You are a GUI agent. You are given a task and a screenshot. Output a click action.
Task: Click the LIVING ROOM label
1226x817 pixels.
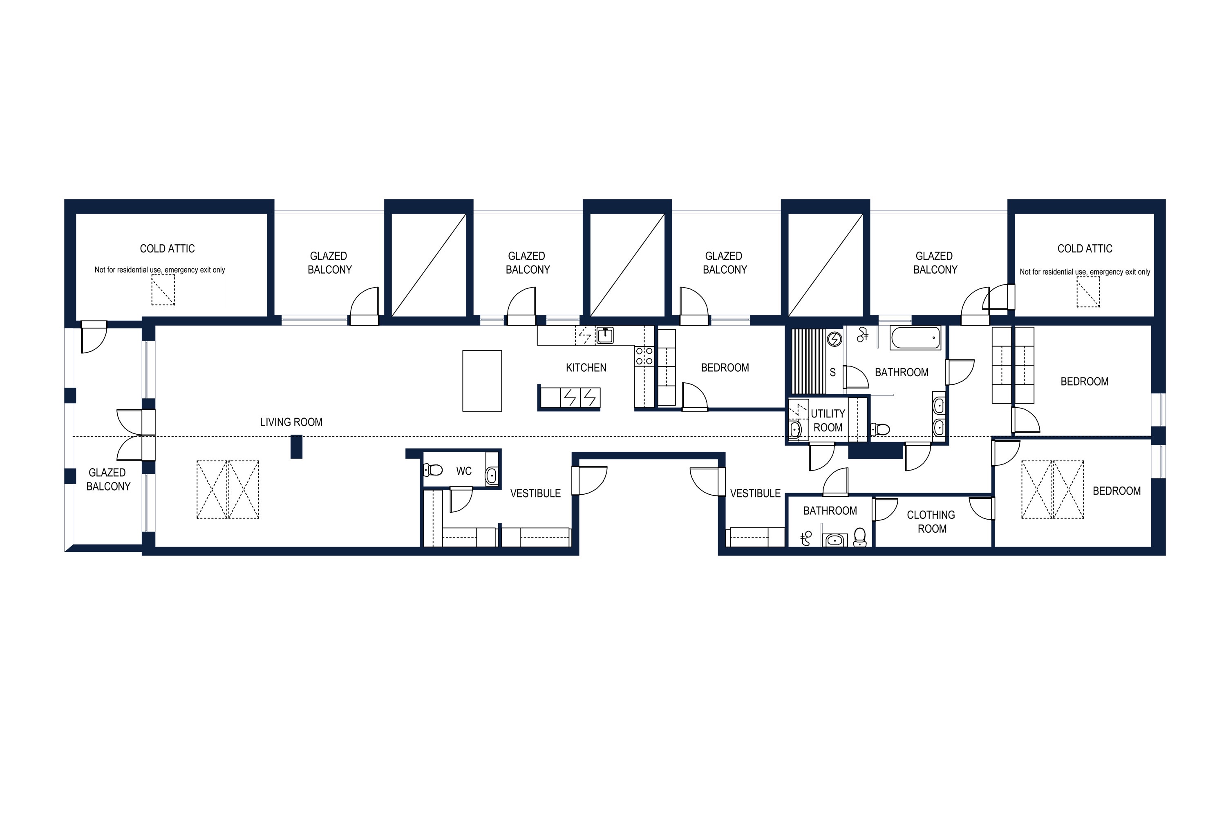[x=291, y=422]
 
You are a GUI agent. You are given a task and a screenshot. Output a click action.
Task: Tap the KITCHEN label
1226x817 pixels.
[x=586, y=368]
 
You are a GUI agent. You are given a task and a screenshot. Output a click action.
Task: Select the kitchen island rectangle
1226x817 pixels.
[x=482, y=381]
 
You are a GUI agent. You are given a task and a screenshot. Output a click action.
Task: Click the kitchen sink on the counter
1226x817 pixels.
[x=605, y=335]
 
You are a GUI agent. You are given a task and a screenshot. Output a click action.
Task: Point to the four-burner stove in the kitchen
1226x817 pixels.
[x=644, y=356]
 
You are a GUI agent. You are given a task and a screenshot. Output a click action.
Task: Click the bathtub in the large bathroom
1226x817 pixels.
[x=915, y=338]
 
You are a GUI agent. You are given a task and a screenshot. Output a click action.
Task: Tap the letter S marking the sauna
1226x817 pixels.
[x=832, y=373]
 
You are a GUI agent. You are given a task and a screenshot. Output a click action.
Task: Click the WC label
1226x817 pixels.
[x=464, y=471]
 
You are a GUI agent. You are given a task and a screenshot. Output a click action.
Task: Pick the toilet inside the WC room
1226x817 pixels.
[x=433, y=471]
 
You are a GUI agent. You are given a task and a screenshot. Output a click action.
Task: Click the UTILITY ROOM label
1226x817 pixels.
[x=828, y=420]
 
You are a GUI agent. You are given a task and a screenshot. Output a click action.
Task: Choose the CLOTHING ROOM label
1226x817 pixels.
[x=931, y=522]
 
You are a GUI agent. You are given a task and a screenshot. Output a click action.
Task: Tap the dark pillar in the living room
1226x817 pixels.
[x=296, y=446]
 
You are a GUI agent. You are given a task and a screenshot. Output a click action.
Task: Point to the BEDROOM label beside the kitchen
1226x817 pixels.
[x=725, y=368]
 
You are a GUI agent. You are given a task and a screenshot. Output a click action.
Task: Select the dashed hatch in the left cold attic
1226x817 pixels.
[x=163, y=290]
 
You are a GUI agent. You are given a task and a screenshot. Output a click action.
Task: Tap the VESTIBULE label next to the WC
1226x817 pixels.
[x=535, y=493]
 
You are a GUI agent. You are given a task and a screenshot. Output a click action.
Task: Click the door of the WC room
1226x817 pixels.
[x=461, y=499]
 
